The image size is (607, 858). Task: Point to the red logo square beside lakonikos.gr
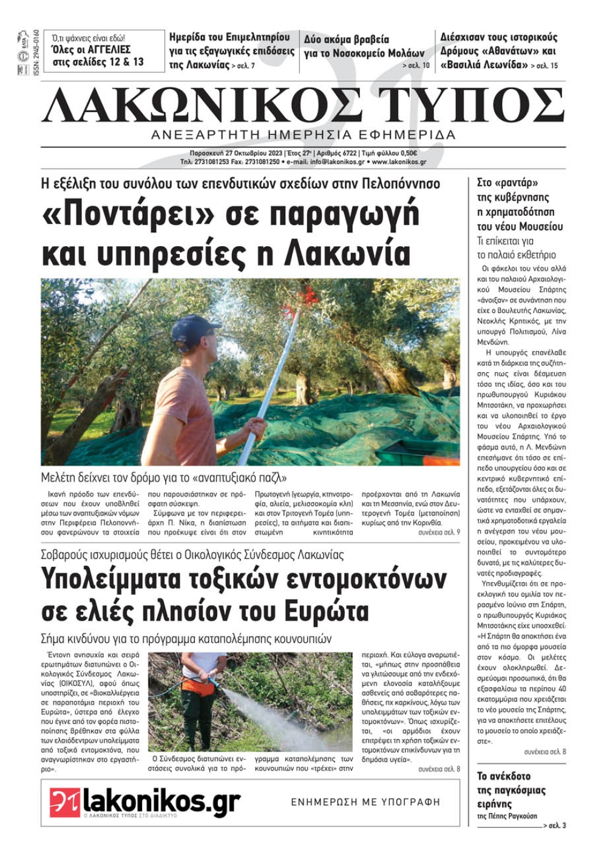[65, 802]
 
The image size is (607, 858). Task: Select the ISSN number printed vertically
[36, 52]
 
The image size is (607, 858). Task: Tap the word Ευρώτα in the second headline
[319, 611]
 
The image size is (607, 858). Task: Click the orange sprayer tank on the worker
[199, 685]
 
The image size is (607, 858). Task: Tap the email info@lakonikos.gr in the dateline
[337, 163]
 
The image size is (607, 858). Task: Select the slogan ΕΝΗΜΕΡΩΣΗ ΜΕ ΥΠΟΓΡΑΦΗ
[365, 802]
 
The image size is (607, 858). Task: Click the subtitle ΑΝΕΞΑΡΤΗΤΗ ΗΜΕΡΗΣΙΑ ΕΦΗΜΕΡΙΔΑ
[303, 134]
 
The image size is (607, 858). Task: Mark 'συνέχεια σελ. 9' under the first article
[439, 532]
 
